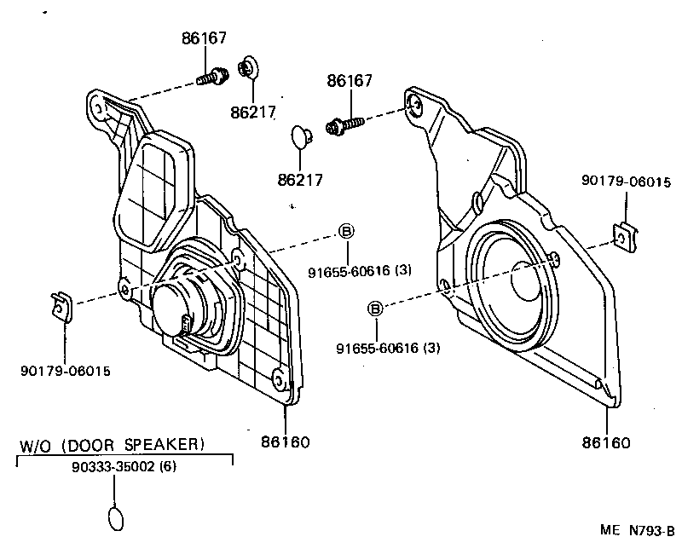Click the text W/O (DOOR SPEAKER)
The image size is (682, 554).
pyautogui.click(x=112, y=444)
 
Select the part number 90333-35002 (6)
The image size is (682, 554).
pyautogui.click(x=124, y=468)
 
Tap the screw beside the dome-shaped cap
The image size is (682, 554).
pyautogui.click(x=344, y=127)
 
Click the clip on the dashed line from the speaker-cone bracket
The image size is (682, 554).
pyautogui.click(x=626, y=237)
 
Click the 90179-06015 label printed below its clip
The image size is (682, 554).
pyautogui.click(x=65, y=371)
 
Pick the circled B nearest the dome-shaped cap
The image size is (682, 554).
pyautogui.click(x=346, y=231)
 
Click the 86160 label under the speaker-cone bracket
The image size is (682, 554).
pyautogui.click(x=606, y=442)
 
